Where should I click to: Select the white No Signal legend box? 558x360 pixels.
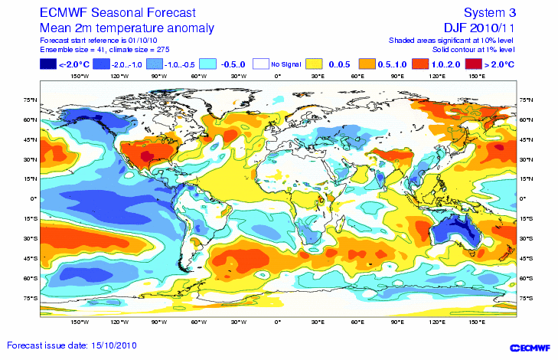pyautogui.click(x=263, y=64)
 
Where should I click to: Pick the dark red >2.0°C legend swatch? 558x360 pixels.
pyautogui.click(x=474, y=64)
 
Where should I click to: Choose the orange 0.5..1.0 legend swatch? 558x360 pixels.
pyautogui.click(x=369, y=64)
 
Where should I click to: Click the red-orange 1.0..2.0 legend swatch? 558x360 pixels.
pyautogui.click(x=422, y=64)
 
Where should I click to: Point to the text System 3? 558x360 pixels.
pyautogui.click(x=490, y=12)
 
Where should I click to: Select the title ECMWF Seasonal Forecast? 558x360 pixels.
pyautogui.click(x=108, y=13)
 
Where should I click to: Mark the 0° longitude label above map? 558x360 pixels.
pyautogui.click(x=278, y=77)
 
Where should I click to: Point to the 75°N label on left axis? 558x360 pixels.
pyautogui.click(x=31, y=100)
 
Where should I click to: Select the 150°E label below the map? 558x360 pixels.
pyautogui.click(x=476, y=323)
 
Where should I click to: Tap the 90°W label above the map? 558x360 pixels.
pyautogui.click(x=158, y=77)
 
